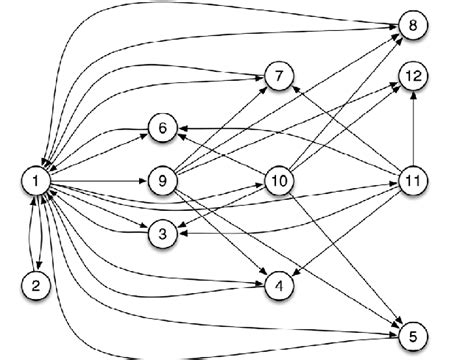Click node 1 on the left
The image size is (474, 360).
(x=35, y=181)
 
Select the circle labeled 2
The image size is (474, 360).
(x=35, y=285)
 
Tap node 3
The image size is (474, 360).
(x=162, y=234)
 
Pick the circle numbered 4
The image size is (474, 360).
(x=279, y=287)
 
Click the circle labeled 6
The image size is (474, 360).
(x=162, y=128)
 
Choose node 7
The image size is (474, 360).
(x=279, y=76)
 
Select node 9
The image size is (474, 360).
(x=162, y=181)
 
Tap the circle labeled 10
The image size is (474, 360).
(x=279, y=181)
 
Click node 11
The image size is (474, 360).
(x=412, y=181)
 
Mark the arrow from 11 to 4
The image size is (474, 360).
(x=346, y=234)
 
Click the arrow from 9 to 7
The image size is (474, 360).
(x=220, y=129)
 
